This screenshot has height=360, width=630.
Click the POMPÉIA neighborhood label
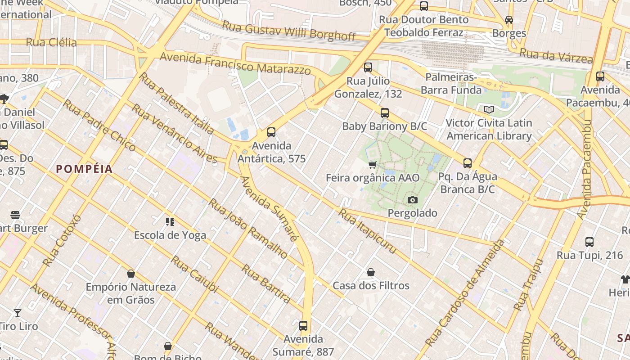(84, 169)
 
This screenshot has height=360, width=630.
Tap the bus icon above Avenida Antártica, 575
(271, 132)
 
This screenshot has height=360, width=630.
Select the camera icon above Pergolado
(412, 200)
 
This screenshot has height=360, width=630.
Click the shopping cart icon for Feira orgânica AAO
(372, 165)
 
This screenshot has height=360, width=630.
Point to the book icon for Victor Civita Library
(489, 109)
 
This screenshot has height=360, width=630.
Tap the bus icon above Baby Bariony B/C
(384, 113)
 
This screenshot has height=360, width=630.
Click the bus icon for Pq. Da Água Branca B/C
(468, 163)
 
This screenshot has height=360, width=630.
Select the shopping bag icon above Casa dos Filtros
(371, 272)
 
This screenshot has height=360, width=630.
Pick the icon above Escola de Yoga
(170, 221)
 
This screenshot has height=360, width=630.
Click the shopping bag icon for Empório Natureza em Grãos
(131, 274)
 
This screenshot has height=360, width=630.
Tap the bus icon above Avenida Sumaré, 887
(303, 325)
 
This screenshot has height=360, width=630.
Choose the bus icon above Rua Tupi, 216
(589, 242)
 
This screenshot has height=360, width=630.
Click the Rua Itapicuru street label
(367, 231)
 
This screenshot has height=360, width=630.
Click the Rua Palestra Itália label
(176, 103)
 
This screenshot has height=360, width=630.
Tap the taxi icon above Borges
(509, 20)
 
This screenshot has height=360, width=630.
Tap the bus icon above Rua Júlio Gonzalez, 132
(368, 68)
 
